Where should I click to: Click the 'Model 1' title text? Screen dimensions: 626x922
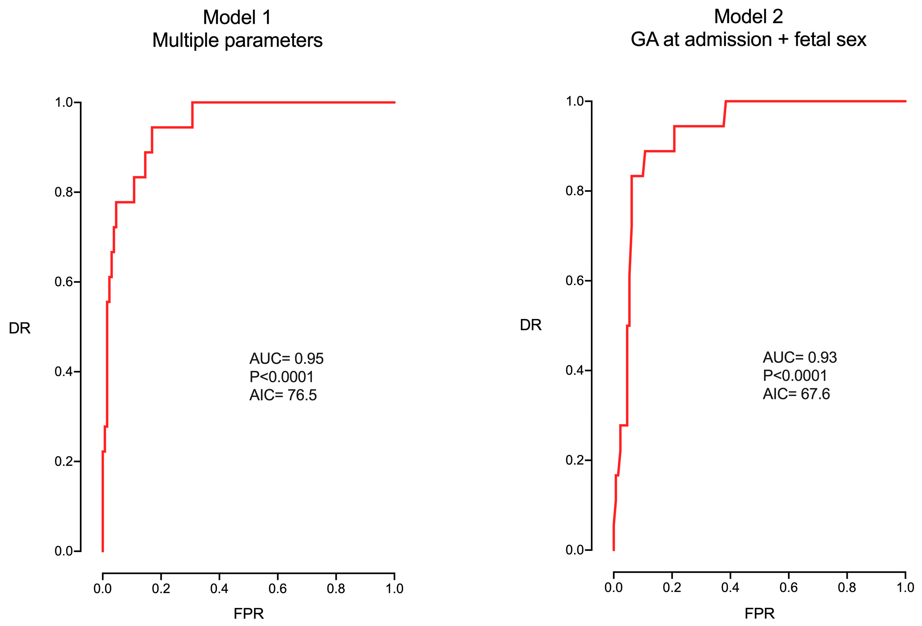tap(237, 18)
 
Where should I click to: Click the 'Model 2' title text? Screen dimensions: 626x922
tap(748, 17)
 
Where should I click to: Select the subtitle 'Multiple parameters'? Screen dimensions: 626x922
tap(237, 40)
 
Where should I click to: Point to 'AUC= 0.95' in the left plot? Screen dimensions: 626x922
tap(286, 358)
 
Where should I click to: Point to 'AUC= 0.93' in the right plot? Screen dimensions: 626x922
tap(799, 357)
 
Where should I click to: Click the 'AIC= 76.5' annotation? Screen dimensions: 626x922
tap(283, 395)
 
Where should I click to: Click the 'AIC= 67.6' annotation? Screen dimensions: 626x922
tap(796, 394)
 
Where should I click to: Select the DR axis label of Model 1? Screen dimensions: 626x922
tap(20, 328)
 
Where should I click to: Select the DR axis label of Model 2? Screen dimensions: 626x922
tap(530, 325)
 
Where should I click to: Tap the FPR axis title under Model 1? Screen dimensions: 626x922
tap(248, 613)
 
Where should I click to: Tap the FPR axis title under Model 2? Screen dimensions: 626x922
tap(759, 613)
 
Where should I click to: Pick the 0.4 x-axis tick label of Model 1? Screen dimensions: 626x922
tap(219, 588)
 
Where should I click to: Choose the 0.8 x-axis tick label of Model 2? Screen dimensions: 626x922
tap(847, 587)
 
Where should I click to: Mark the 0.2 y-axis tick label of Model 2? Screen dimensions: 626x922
tap(575, 460)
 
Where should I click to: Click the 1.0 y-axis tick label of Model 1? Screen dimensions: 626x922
tap(63, 102)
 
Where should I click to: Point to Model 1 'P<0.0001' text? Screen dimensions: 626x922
tap(281, 377)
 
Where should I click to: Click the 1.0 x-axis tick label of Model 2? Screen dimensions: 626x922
tap(905, 587)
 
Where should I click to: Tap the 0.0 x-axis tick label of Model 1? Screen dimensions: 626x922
tap(102, 588)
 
